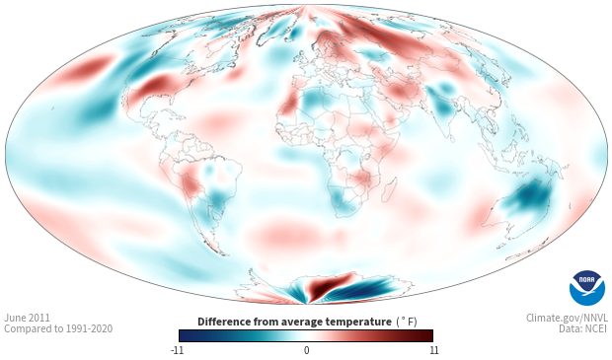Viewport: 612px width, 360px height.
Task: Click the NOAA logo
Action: point(587,288)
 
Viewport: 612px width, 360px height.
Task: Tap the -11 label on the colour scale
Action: point(178,350)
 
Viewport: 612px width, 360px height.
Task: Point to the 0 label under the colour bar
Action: point(306,350)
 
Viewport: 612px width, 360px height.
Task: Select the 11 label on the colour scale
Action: point(434,350)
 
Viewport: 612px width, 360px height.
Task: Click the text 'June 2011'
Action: point(27,318)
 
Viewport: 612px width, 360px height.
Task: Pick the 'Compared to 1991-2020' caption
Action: point(58,328)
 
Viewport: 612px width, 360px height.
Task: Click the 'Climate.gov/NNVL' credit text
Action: point(567,318)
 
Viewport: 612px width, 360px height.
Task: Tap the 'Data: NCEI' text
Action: point(583,328)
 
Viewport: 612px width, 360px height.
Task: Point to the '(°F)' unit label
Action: point(407,322)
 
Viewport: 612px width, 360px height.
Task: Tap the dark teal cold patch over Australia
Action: point(528,197)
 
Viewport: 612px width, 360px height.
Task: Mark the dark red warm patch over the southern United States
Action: point(157,86)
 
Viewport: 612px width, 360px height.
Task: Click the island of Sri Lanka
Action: point(452,138)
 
